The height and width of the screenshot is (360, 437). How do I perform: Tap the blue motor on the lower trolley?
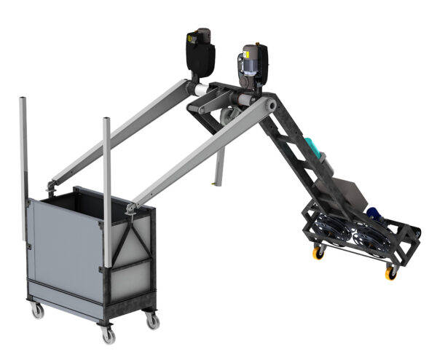coord(374,214)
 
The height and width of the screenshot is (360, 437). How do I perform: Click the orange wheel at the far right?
coord(390,273)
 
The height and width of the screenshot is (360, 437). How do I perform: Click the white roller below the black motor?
coord(194,89)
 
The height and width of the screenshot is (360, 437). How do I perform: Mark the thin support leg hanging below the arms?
coord(216,168)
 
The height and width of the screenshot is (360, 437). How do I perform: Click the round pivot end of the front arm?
coord(272,106)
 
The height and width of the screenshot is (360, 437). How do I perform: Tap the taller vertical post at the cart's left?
coord(23,168)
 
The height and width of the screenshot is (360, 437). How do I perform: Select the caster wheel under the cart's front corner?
coord(109,335)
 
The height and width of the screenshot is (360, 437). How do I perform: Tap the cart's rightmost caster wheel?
coord(151,320)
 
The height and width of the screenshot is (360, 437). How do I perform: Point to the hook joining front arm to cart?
coord(130,210)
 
